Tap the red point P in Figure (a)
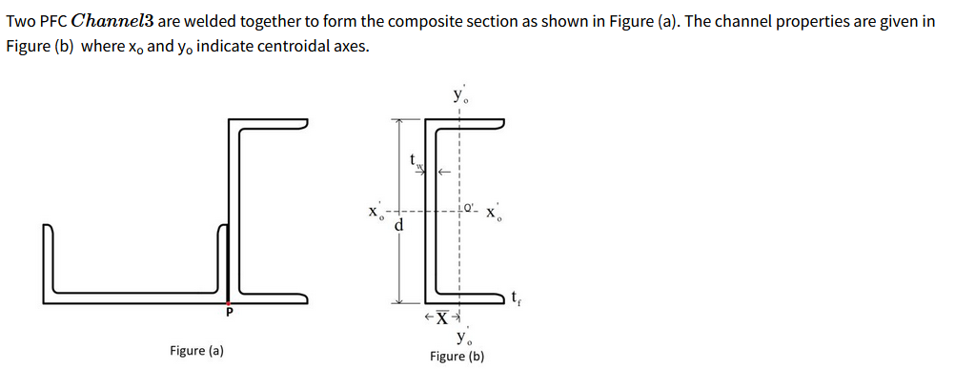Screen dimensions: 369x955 (228, 301)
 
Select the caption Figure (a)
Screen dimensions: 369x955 (196, 351)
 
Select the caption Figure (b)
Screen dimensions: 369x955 (457, 357)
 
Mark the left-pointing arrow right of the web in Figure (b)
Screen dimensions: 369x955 (443, 174)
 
